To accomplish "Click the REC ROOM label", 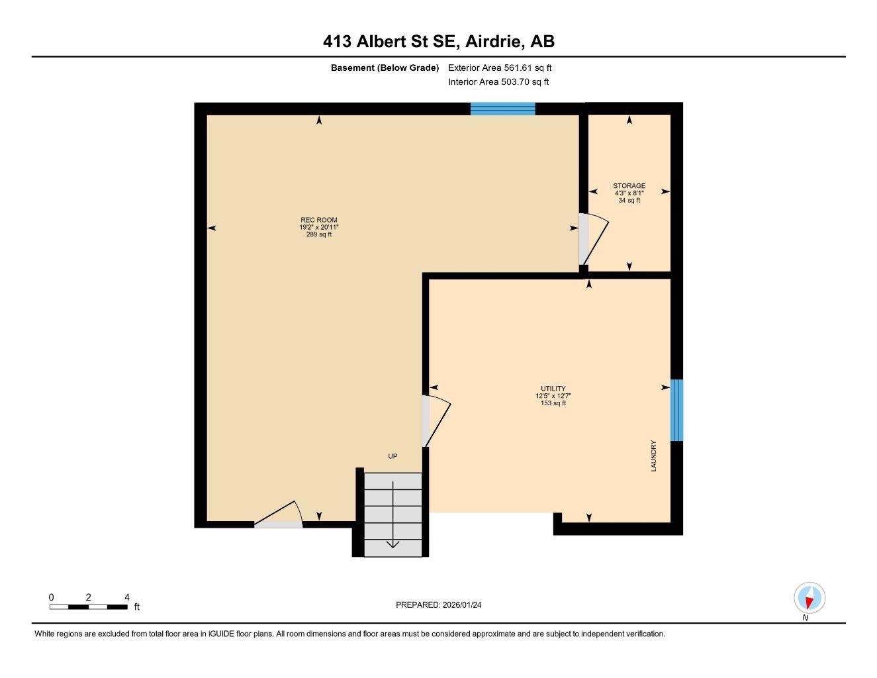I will [318, 220].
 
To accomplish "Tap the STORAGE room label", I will [629, 186].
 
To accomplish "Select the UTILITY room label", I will [553, 389].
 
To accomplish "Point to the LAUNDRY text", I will [653, 456].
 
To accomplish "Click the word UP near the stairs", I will [392, 456].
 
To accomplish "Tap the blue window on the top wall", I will [502, 109].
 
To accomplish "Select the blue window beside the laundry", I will [676, 410].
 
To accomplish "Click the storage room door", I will [593, 239].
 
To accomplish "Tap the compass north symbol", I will [809, 599].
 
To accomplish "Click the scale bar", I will [88, 606].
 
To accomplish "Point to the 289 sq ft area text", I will [318, 234].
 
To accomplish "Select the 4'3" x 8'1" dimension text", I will [629, 193].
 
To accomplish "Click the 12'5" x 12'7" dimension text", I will [553, 396].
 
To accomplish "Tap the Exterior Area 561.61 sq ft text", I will [500, 68].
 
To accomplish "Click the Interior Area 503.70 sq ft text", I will [498, 82].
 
